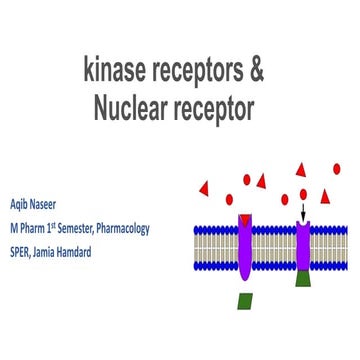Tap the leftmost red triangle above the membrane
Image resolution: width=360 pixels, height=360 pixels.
pos(205,187)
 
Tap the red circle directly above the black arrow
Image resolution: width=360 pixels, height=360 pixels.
pos(304,193)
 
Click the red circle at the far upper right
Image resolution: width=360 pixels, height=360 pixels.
pos(337,168)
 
